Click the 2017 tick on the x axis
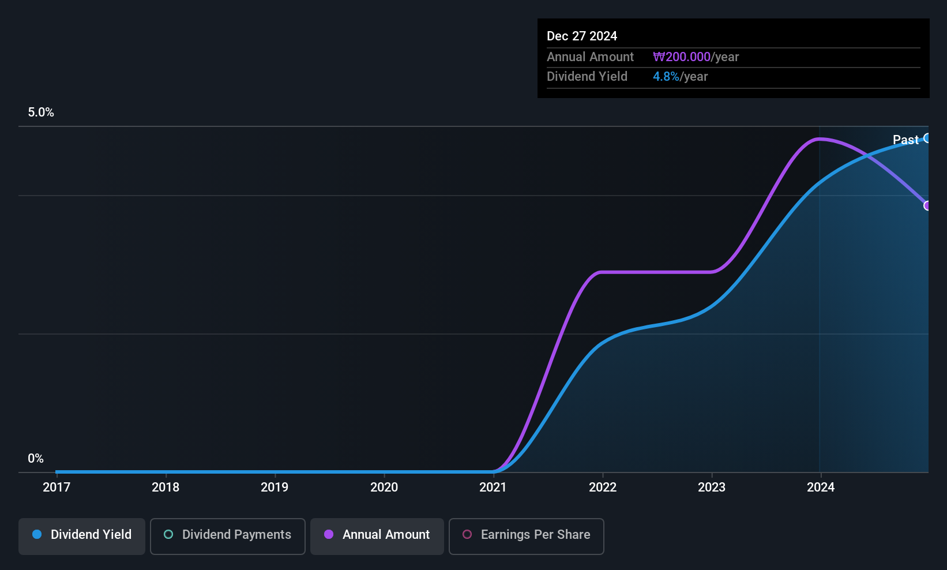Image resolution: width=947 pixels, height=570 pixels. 57,487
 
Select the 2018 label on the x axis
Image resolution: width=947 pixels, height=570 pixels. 166,487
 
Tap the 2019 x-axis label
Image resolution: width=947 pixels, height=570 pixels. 275,487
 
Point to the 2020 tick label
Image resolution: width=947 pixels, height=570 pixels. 384,487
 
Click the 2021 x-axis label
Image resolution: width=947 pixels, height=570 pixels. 493,487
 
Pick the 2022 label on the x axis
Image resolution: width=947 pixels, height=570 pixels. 603,487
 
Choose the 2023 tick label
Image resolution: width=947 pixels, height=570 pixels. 712,487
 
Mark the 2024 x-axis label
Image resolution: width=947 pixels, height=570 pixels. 821,487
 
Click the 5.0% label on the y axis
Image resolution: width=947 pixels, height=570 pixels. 41,112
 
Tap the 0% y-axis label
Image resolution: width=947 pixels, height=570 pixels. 36,459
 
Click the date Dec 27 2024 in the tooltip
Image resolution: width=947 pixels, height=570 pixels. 582,36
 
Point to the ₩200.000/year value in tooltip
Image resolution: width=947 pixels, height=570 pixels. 696,57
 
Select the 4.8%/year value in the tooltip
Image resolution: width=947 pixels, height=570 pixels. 680,77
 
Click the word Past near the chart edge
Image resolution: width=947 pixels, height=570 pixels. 905,140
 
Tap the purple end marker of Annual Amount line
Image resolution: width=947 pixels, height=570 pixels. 927,205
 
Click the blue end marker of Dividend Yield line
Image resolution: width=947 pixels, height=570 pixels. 927,138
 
